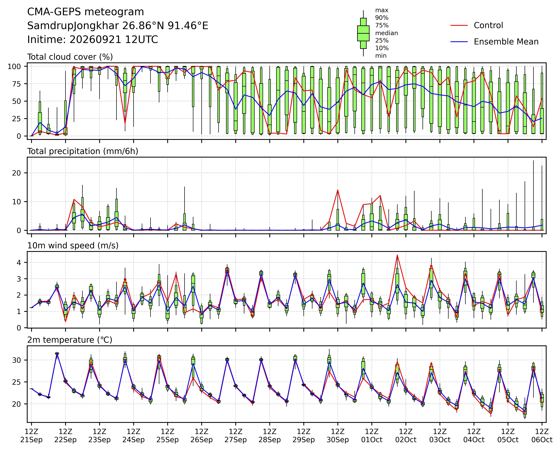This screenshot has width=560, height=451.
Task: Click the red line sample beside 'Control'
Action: [x=459, y=25]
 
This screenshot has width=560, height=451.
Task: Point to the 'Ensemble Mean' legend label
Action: [x=506, y=42]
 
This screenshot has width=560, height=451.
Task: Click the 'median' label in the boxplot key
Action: [x=386, y=33]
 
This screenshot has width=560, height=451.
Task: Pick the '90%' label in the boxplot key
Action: [x=382, y=18]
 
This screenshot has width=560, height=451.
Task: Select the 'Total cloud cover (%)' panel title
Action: [x=70, y=57]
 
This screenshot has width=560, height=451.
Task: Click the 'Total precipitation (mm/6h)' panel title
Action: [x=83, y=151]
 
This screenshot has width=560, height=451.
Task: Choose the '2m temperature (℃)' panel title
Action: [x=70, y=340]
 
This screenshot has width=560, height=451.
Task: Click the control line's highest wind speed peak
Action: [x=397, y=255]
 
